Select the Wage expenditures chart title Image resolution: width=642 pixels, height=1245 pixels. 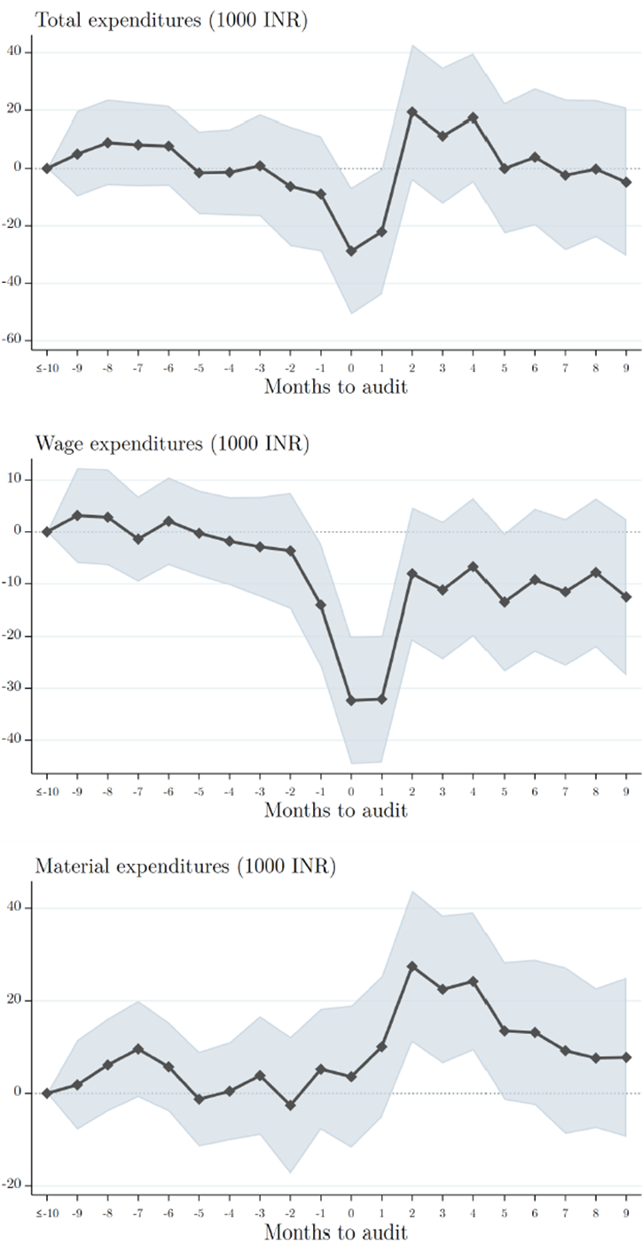tap(172, 443)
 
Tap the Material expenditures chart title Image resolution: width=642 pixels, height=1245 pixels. tap(185, 866)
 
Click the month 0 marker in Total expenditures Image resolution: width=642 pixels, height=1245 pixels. tap(351, 251)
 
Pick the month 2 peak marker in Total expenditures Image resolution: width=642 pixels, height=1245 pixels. tap(412, 112)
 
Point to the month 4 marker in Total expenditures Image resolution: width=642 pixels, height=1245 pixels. tap(474, 117)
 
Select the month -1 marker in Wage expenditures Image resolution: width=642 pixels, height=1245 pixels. tap(321, 605)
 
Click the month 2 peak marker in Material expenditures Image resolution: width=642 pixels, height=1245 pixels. tap(412, 966)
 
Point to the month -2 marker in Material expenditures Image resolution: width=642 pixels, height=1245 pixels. tap(291, 1105)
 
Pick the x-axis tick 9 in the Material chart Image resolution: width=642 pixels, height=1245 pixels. tap(628, 1211)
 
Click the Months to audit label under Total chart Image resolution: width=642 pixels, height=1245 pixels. tap(336, 388)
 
